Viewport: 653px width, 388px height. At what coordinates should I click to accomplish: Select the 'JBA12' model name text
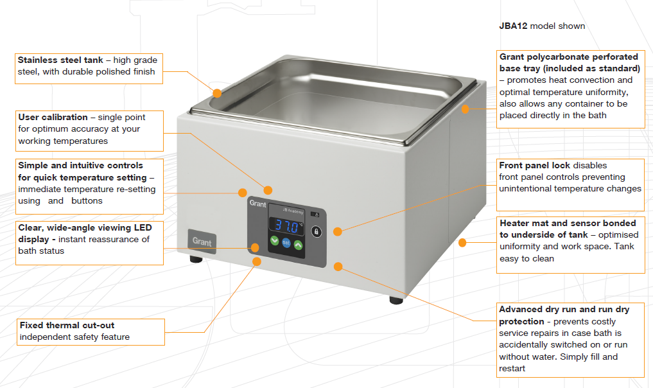coord(514,26)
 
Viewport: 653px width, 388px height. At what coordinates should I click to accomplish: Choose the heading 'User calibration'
coord(53,117)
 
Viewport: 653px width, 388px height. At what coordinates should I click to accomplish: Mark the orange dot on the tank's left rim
coord(217,93)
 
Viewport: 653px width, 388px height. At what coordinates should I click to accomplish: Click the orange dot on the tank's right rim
coord(465,109)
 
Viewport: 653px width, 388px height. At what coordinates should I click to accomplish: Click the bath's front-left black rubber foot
coord(196,260)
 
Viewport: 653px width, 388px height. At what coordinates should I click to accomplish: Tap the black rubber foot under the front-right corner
coord(396,300)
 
